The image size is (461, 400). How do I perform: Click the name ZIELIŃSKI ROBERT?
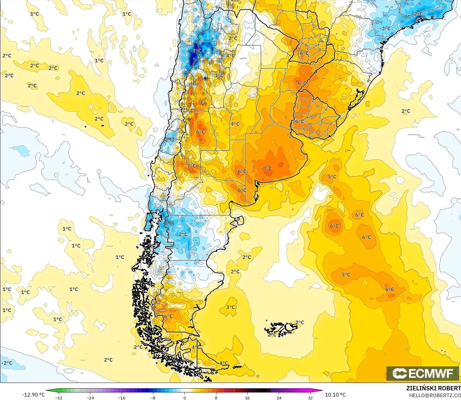coord(433,388)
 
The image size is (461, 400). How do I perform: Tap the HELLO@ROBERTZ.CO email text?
coord(435,395)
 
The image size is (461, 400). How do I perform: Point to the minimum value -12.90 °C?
coord(33,395)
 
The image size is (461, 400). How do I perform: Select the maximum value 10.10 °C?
coord(335,395)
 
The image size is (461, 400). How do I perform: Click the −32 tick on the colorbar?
coord(59,398)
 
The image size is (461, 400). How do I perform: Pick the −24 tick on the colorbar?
coord(90,398)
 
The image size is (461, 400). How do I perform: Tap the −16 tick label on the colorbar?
coord(122,398)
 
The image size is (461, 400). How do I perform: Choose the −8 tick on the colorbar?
coord(153,398)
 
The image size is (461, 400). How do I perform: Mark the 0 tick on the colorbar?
coord(185,398)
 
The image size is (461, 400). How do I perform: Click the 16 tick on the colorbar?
coord(247,398)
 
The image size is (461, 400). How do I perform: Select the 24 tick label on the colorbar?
coord(279,398)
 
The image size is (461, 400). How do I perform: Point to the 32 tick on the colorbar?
coord(310,398)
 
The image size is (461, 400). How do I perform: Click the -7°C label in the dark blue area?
coord(197,51)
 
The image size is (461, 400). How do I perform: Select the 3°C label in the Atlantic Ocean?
coord(230,307)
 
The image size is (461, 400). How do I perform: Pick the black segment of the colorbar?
coord(263,391)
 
